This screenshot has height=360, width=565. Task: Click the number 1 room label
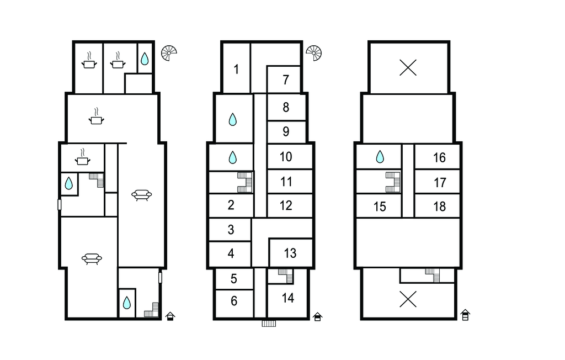coord(236,69)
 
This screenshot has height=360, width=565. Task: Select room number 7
coord(286,80)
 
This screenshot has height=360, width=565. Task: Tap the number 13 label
coord(290,253)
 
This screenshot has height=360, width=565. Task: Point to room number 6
coord(234,301)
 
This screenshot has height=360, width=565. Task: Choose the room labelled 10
coord(286,157)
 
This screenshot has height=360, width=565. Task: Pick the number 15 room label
coord(380,207)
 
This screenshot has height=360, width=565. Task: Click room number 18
coord(440,207)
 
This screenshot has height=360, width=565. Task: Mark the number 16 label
coord(439,157)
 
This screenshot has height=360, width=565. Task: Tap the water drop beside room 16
coord(380,157)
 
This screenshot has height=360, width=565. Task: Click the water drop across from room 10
coord(233,157)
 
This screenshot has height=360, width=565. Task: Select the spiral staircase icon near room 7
coord(313,53)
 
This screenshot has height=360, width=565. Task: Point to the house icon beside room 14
coord(317,316)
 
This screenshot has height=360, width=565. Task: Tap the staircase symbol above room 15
coord(393,182)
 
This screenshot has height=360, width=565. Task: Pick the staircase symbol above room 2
coord(245,182)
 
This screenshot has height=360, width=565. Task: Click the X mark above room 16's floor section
coord(408,68)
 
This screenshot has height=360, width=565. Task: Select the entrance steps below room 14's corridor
coord(269,323)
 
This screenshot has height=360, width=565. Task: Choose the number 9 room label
coord(286,131)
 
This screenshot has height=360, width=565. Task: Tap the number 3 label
coord(231,230)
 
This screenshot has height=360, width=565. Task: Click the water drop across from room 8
coord(233,119)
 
